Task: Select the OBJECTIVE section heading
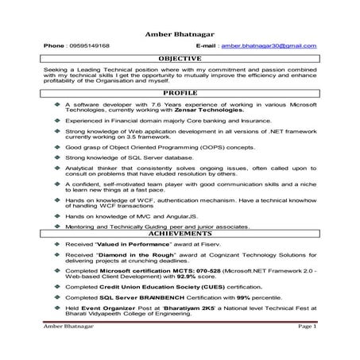(x=180, y=60)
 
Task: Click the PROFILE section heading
(x=180, y=95)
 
